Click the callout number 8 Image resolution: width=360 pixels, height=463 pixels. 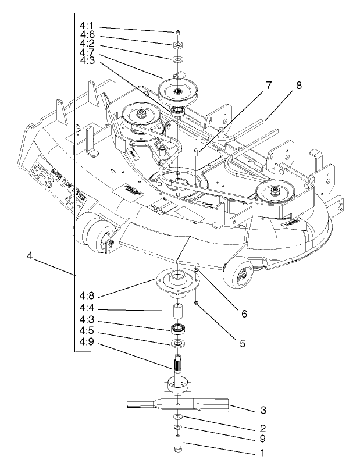298,84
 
